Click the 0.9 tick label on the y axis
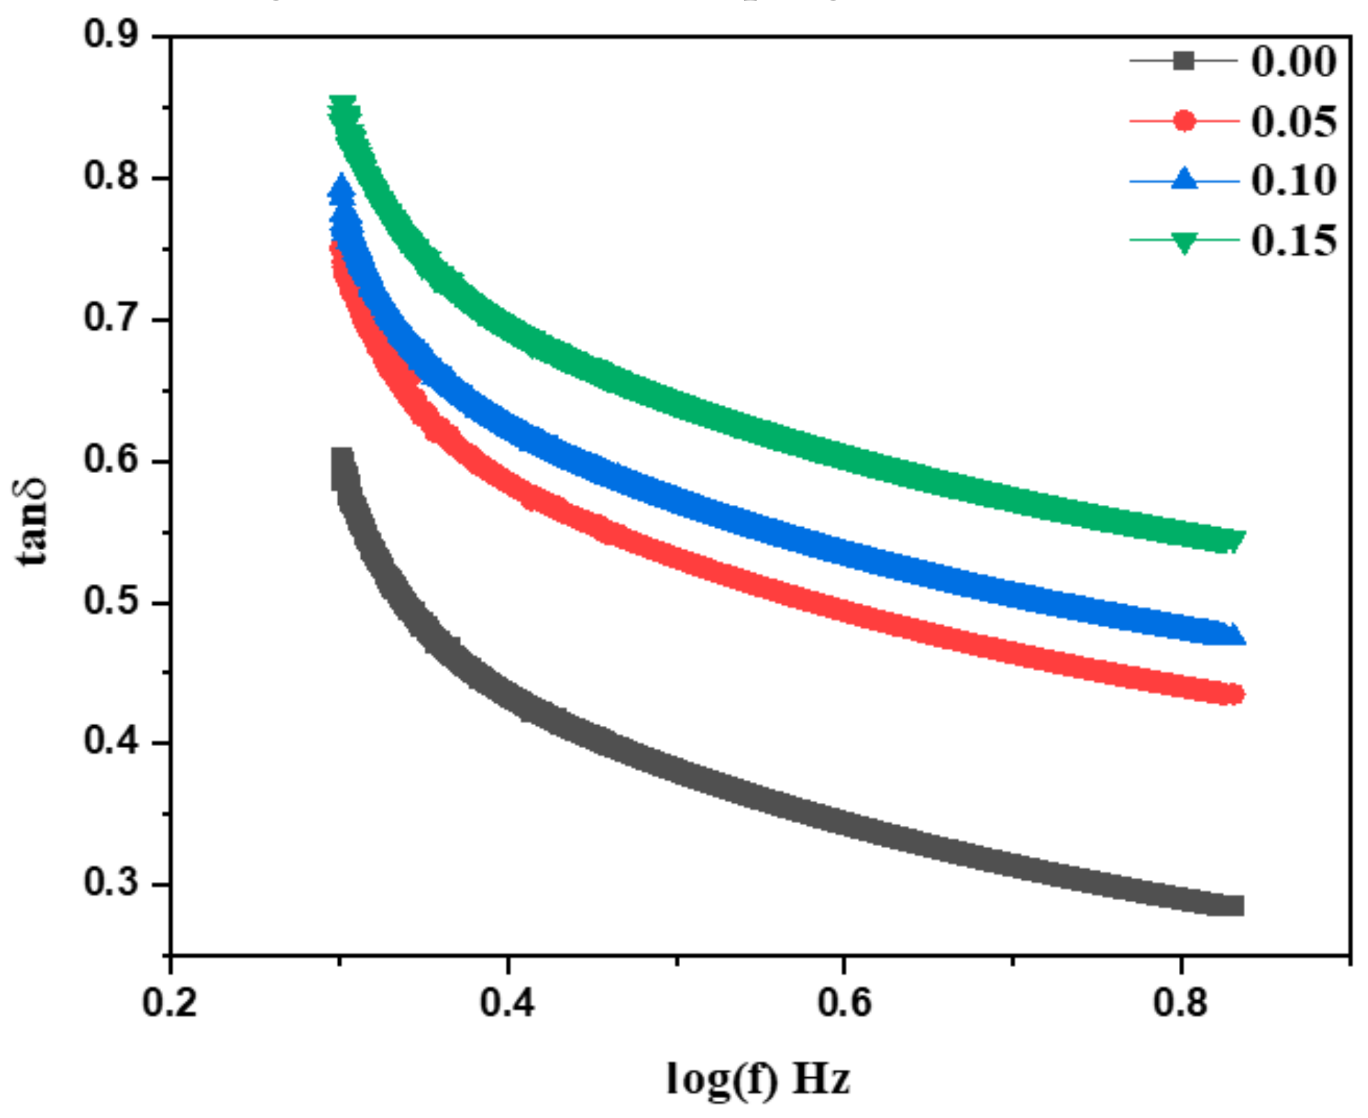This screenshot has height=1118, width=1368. pyautogui.click(x=111, y=34)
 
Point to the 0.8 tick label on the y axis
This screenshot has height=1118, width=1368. pyautogui.click(x=111, y=175)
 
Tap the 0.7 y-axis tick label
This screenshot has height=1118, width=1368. pyautogui.click(x=111, y=317)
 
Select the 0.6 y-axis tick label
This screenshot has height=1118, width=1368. pyautogui.click(x=111, y=459)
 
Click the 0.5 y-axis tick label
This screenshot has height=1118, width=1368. pyautogui.click(x=111, y=601)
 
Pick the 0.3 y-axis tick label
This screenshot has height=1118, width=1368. pyautogui.click(x=111, y=882)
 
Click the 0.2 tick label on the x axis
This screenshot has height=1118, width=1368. pyautogui.click(x=169, y=1003)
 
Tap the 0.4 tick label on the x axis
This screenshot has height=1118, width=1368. pyautogui.click(x=508, y=1003)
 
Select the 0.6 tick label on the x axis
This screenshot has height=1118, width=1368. pyautogui.click(x=844, y=1003)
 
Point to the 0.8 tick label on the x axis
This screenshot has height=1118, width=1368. pyautogui.click(x=1181, y=1003)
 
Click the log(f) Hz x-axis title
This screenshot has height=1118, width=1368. pyautogui.click(x=758, y=1078)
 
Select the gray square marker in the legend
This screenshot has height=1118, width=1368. pyautogui.click(x=1184, y=61)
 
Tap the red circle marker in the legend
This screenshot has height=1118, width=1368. pyautogui.click(x=1184, y=120)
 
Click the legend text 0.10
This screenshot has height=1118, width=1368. pyautogui.click(x=1293, y=180)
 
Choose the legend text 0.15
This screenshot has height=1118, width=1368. pyautogui.click(x=1293, y=241)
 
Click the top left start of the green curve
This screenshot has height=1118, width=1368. pyautogui.click(x=342, y=106)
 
